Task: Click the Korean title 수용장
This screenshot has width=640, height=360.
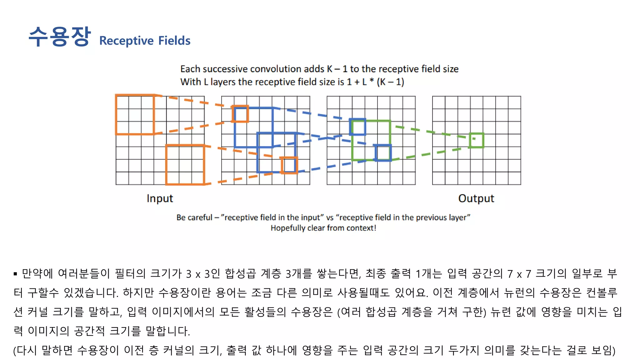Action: [x=59, y=37]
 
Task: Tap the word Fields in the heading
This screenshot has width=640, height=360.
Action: [x=174, y=41]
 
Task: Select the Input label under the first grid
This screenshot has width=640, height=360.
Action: [x=160, y=198]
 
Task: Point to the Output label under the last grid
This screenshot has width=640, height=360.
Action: [x=476, y=198]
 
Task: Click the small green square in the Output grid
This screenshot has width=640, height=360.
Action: [x=476, y=140]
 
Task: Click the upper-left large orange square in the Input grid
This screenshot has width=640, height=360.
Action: [x=135, y=115]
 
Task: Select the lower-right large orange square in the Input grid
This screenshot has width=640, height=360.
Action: [x=185, y=164]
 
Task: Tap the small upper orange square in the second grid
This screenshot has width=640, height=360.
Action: [x=240, y=114]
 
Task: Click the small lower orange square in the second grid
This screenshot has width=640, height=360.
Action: [x=289, y=165]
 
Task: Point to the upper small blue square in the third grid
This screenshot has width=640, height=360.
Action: [x=357, y=127]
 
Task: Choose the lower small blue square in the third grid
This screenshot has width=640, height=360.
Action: [x=383, y=152]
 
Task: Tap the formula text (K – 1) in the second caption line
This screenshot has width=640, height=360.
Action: [x=390, y=82]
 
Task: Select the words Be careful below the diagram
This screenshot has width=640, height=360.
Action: [x=194, y=217]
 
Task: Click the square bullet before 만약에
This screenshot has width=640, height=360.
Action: [x=15, y=274]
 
